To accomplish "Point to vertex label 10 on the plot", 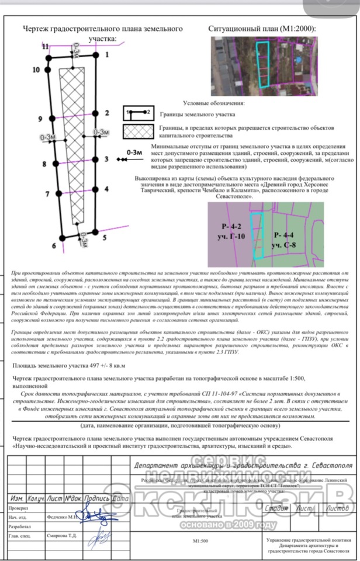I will click(x=36, y=70).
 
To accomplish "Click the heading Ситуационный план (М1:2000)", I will click(x=261, y=29).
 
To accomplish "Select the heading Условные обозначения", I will click(x=213, y=103).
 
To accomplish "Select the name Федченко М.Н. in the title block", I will click(x=62, y=517).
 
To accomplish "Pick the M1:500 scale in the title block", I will click(x=200, y=541).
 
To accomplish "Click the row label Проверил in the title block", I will click(x=19, y=508).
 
